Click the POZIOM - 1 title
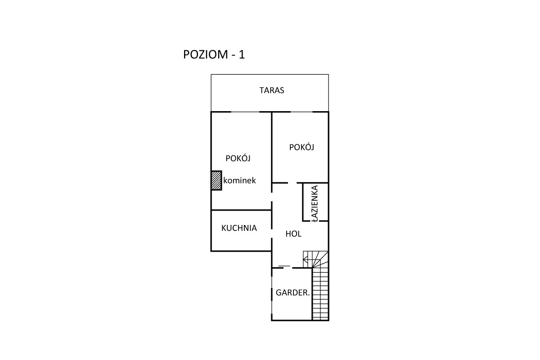(214, 54)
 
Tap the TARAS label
(272, 90)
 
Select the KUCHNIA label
(239, 228)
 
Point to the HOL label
(293, 234)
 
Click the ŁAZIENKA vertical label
(315, 203)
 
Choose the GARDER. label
(292, 293)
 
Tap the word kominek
(239, 180)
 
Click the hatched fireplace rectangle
(216, 180)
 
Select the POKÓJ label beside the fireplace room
(238, 158)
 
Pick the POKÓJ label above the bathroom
(301, 147)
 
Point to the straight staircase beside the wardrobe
(320, 294)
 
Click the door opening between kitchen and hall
(272, 234)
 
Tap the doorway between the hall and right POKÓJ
(292, 183)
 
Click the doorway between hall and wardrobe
(288, 268)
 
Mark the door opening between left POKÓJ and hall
(272, 197)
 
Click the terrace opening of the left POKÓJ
(245, 112)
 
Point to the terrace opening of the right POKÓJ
(301, 112)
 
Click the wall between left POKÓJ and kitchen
(241, 210)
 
